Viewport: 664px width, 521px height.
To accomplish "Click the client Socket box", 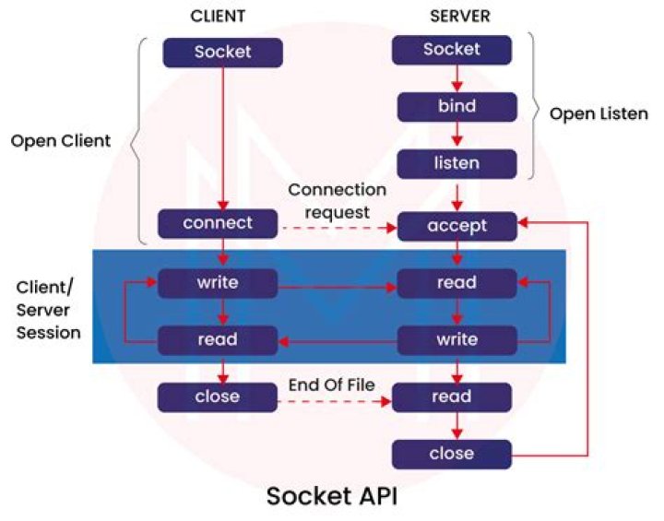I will point(222,52).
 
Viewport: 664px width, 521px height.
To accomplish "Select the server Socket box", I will point(452,50).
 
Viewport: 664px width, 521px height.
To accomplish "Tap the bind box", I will point(456,107).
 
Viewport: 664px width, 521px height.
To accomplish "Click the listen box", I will point(456,164).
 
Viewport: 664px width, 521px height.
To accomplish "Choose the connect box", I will point(218,224).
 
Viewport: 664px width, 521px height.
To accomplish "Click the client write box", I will point(218,283).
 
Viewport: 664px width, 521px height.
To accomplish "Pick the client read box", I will point(218,339).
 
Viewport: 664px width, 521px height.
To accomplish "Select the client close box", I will point(218,397).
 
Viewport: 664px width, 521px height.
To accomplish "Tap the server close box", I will point(451,454).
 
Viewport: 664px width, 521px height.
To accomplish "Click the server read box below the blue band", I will point(451,397).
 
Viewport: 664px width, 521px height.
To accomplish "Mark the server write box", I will point(456,339).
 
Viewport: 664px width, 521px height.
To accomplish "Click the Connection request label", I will point(337,201).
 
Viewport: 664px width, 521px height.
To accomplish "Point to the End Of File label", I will point(331,385).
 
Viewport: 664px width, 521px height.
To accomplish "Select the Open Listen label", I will point(599,114).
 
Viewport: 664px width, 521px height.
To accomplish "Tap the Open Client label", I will point(61,142).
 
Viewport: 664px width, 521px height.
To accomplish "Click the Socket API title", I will point(333,495).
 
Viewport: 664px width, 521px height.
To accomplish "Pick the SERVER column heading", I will point(458,17).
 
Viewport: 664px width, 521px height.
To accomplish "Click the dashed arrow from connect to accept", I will point(337,225).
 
